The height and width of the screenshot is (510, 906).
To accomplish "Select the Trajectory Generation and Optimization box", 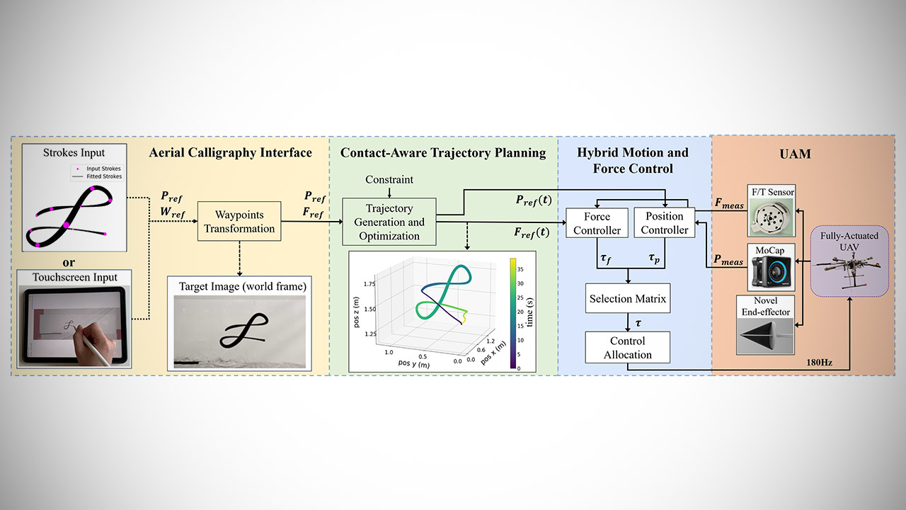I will click(389, 222).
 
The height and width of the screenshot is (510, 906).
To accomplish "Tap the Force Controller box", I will click(597, 222).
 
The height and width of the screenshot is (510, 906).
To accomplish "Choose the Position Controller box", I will click(665, 222).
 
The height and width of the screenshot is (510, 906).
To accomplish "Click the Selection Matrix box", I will click(627, 299).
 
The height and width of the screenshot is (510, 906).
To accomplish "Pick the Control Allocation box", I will click(627, 347).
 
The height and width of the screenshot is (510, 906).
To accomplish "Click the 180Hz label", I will click(818, 363).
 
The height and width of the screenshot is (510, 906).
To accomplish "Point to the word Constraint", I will click(389, 180).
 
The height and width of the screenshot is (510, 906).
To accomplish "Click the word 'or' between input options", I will click(69, 261).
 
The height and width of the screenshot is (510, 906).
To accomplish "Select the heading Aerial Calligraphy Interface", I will click(230, 152).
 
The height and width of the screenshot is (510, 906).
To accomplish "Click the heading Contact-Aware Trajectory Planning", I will click(443, 152).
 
